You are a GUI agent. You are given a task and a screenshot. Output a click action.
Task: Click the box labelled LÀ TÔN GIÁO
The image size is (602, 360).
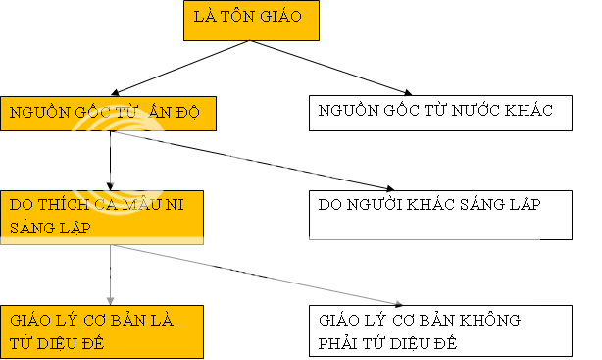coord(250,21)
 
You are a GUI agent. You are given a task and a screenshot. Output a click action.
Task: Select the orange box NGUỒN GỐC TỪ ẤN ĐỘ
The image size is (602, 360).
coord(108,114)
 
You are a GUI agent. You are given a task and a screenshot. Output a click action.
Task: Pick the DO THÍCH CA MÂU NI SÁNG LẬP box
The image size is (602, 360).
coord(103,216)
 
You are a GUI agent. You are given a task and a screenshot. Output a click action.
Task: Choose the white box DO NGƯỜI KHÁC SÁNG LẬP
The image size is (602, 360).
coord(440,215)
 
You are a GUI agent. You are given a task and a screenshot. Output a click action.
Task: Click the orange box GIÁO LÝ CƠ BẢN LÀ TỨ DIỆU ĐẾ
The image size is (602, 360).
coord(103,331)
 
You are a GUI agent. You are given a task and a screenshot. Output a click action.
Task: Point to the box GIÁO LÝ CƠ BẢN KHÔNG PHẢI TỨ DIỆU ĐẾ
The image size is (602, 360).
coord(440,331)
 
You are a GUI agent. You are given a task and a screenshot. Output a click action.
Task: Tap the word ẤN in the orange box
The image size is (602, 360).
coord(161,113)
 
